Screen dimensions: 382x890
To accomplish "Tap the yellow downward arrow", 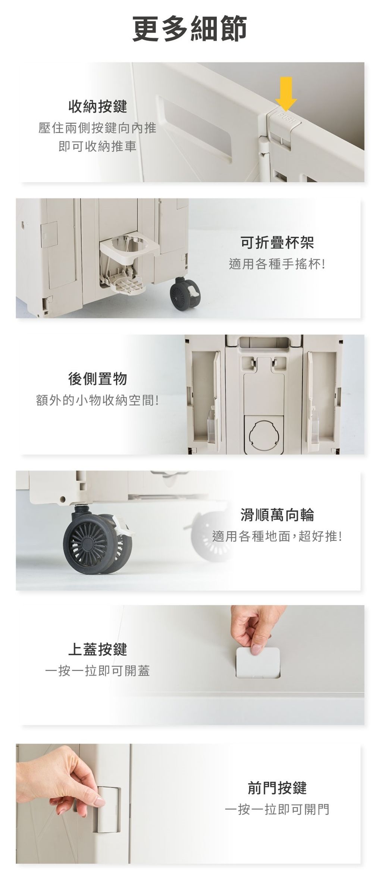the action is click(x=286, y=93).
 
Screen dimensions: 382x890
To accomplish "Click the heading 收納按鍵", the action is click(x=98, y=107).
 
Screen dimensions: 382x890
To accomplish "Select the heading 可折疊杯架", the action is click(x=277, y=243).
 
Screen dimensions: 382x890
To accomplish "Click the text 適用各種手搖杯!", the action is click(x=277, y=265).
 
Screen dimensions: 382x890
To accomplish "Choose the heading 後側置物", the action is click(x=98, y=379).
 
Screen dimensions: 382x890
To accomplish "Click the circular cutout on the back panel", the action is click(x=264, y=433).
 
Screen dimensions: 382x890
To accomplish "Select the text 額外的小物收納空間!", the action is click(x=97, y=400).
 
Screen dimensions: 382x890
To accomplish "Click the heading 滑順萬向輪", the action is click(x=277, y=515).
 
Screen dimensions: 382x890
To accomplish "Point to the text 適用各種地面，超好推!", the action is click(x=277, y=537).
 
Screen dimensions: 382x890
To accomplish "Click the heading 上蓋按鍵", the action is click(x=98, y=649).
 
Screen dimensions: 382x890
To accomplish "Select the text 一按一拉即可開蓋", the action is click(x=97, y=671).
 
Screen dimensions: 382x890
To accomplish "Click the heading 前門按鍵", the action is click(x=277, y=788).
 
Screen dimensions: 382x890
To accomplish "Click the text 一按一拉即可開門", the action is click(x=277, y=809).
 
